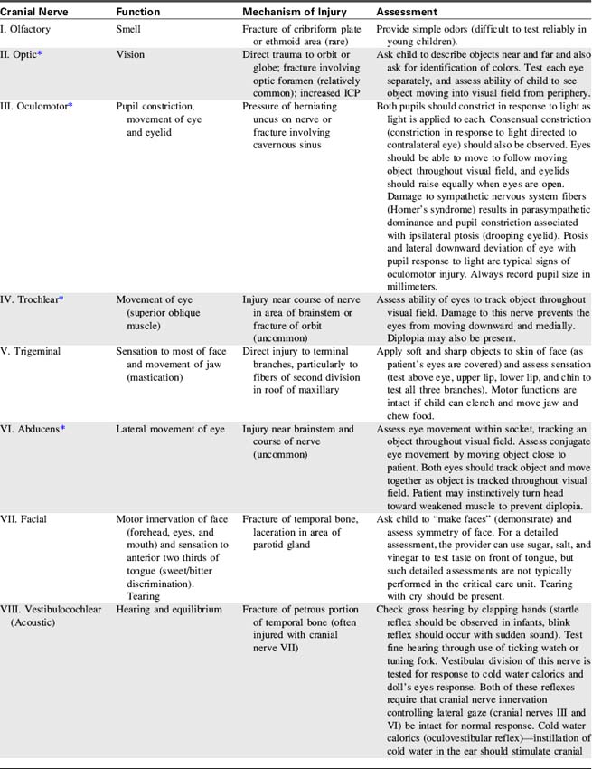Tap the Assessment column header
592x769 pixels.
pyautogui.click(x=407, y=13)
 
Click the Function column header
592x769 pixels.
pyautogui.click(x=139, y=13)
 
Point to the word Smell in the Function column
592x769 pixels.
pyautogui.click(x=130, y=30)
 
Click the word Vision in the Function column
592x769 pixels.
pyautogui.click(x=130, y=55)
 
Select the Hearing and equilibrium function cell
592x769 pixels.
pyautogui.click(x=169, y=610)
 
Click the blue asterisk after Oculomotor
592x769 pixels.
pyautogui.click(x=70, y=105)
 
